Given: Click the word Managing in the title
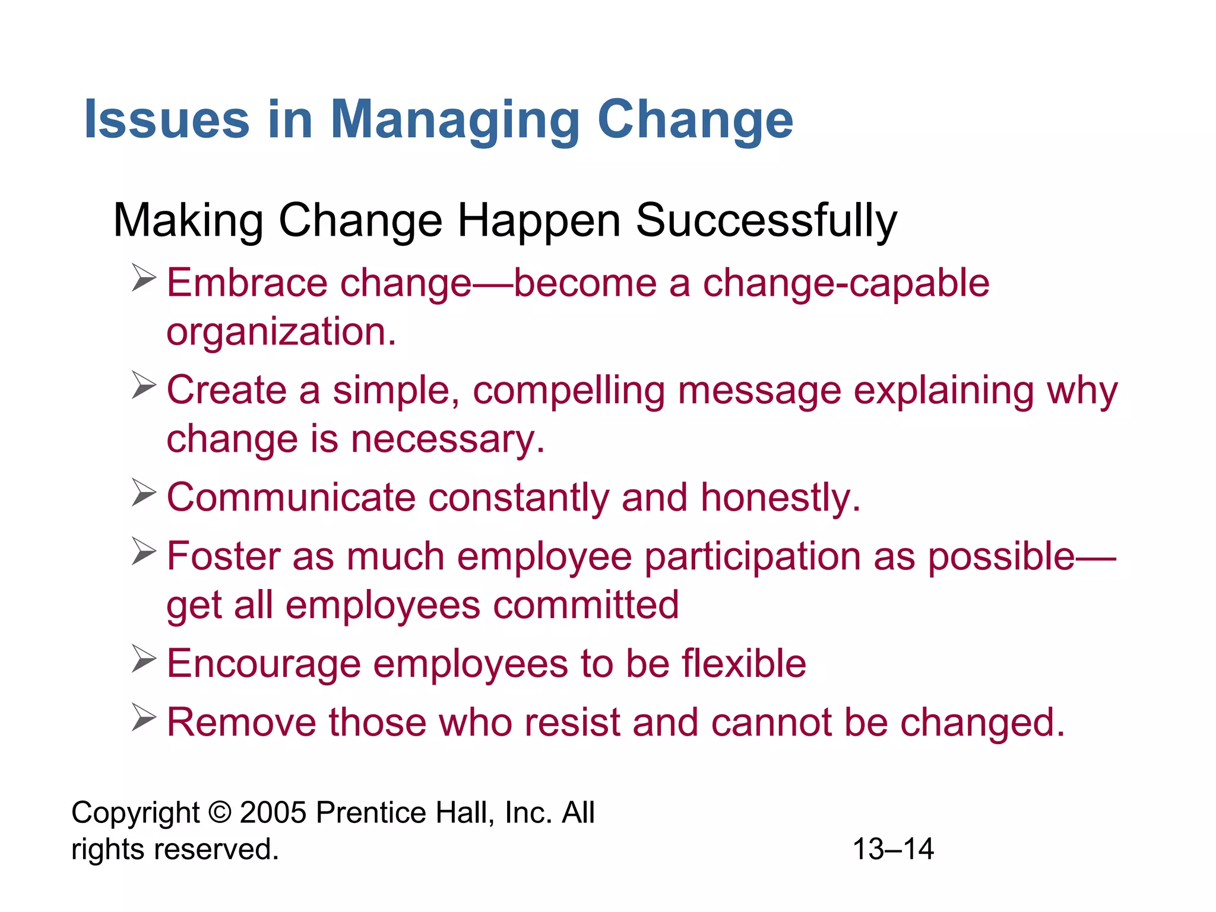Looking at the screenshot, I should (x=454, y=121).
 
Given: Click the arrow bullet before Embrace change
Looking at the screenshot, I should (x=144, y=278).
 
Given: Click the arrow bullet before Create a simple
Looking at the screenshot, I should (x=144, y=385).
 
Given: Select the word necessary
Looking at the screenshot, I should (x=448, y=440).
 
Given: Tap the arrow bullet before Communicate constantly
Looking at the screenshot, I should (x=144, y=493).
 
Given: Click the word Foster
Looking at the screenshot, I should (x=223, y=556).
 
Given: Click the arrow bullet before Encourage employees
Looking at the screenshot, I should (x=144, y=659).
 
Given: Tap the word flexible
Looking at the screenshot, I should (x=743, y=663).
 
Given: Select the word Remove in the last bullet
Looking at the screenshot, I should (x=241, y=723).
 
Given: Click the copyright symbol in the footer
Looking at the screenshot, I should (x=220, y=812).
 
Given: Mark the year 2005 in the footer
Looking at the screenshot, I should (x=273, y=812).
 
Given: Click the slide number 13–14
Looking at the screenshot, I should (x=893, y=849).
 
